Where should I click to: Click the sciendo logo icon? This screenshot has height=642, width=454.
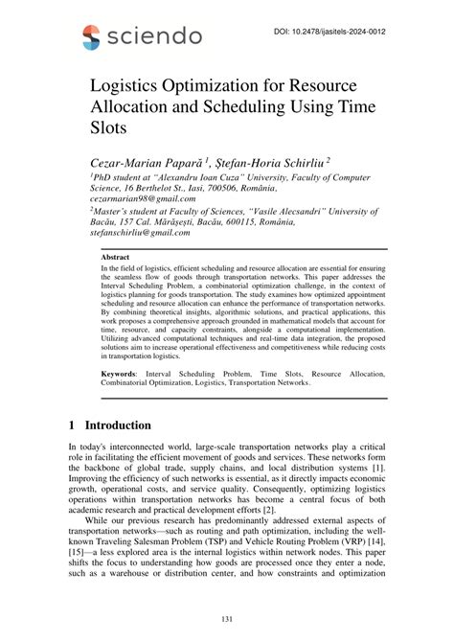92,36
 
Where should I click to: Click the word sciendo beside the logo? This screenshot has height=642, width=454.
154,36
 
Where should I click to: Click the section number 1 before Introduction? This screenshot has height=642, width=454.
73,424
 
